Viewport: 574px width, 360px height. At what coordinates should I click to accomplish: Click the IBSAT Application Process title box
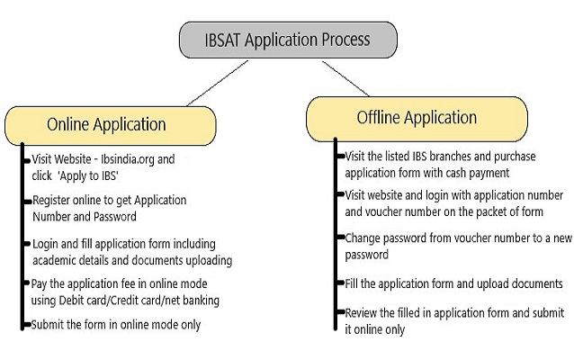287,40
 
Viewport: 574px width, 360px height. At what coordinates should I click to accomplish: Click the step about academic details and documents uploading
130,253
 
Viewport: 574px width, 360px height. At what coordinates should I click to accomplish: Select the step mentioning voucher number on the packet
454,202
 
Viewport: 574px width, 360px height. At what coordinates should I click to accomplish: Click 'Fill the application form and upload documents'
453,283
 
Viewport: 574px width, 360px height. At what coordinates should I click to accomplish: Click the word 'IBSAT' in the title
221,40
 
